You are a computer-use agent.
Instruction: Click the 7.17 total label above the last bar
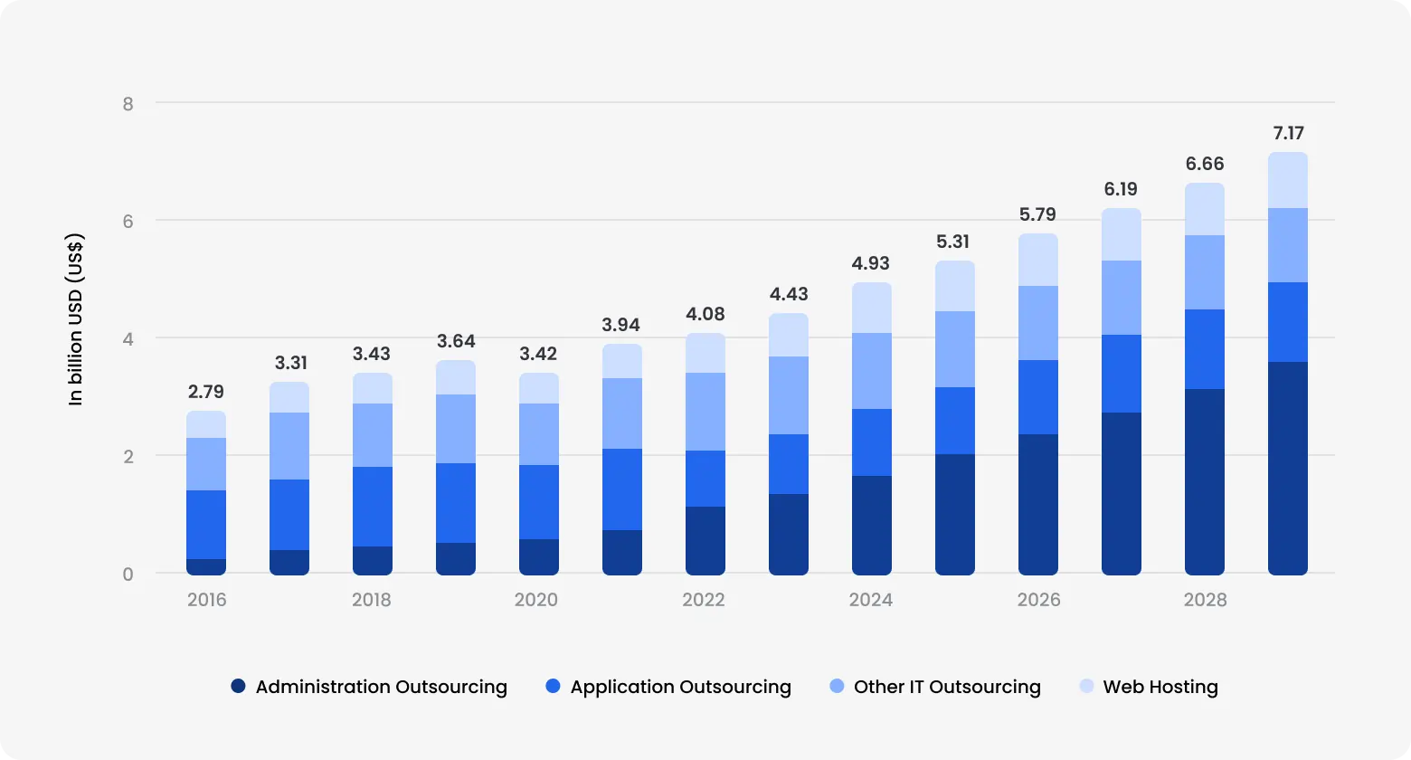pyautogui.click(x=1288, y=133)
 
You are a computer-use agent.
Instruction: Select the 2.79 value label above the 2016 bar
pyautogui.click(x=206, y=392)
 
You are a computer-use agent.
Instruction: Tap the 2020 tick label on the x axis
pyautogui.click(x=536, y=600)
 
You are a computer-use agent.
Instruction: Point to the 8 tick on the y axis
pyautogui.click(x=128, y=104)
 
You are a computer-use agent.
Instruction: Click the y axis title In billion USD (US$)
pyautogui.click(x=76, y=319)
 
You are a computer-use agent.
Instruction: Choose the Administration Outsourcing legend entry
pyautogui.click(x=369, y=687)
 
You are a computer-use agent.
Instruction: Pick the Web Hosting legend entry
pyautogui.click(x=1149, y=687)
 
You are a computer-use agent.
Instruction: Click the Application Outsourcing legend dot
pyautogui.click(x=554, y=687)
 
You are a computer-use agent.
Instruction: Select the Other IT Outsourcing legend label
pyautogui.click(x=947, y=687)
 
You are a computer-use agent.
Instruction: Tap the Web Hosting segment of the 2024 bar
pyautogui.click(x=872, y=308)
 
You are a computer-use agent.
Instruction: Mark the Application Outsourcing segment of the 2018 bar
pyautogui.click(x=373, y=507)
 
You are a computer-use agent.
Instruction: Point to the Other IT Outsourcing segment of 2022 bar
pyautogui.click(x=705, y=412)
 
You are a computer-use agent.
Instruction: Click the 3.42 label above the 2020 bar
pyautogui.click(x=538, y=354)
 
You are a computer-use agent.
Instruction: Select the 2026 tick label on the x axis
pyautogui.click(x=1038, y=600)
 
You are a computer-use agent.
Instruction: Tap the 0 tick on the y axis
pyautogui.click(x=128, y=575)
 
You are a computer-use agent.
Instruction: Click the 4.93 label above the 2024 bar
pyautogui.click(x=871, y=263)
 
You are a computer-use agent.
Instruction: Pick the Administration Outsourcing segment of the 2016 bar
pyautogui.click(x=206, y=567)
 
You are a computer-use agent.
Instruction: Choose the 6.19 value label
pyautogui.click(x=1121, y=189)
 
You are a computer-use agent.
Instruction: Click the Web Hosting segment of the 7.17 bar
pyautogui.click(x=1288, y=180)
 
